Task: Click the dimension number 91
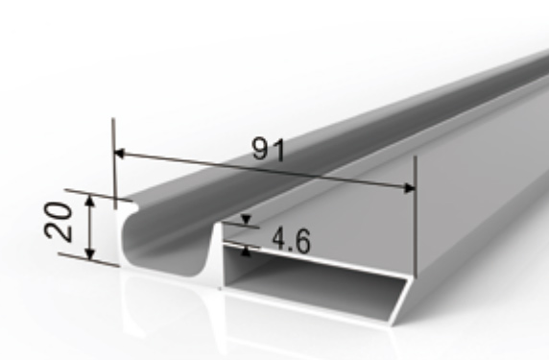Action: tap(269, 150)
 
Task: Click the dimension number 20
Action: tap(59, 222)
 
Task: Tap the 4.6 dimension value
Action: tap(292, 240)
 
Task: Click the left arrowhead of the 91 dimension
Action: tap(120, 154)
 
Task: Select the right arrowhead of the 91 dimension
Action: tap(409, 188)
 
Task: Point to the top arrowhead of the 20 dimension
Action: tap(90, 201)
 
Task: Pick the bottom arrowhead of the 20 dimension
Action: tap(90, 253)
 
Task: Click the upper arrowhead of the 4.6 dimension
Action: tap(246, 220)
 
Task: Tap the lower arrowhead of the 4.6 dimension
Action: tap(246, 252)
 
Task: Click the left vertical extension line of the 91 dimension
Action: tap(114, 163)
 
